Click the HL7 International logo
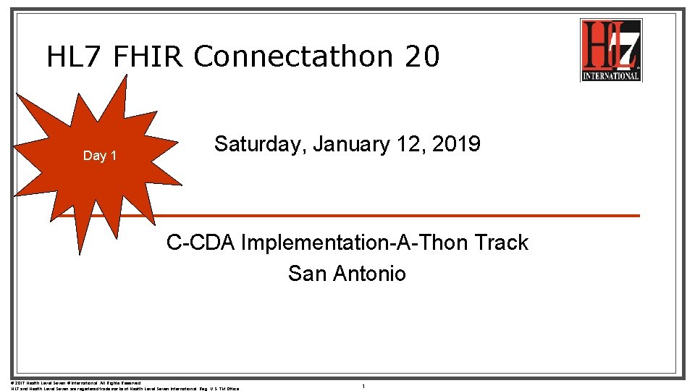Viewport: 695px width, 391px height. coord(610,49)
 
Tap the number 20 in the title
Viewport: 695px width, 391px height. coord(422,56)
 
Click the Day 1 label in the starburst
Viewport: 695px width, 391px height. coord(100,156)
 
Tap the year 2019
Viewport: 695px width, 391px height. coord(456,144)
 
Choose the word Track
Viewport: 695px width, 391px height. coord(501,243)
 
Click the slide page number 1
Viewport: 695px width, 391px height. coord(363,387)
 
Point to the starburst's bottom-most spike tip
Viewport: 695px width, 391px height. coord(80,256)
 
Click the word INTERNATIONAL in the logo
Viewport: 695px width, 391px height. coord(611,75)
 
